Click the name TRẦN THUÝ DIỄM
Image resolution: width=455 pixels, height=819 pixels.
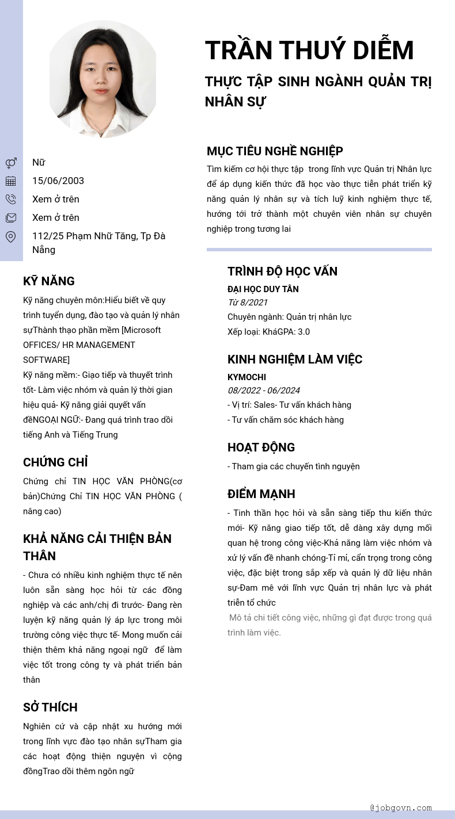click(x=309, y=50)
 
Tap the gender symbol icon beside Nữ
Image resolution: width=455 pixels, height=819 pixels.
click(x=11, y=163)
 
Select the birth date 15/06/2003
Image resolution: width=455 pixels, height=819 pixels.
click(x=58, y=181)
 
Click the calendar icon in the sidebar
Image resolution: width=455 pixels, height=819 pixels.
click(x=11, y=181)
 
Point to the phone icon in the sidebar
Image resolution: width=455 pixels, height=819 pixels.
click(x=11, y=200)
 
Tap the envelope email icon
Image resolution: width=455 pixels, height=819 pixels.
click(x=11, y=218)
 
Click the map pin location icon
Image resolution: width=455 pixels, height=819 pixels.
click(x=11, y=236)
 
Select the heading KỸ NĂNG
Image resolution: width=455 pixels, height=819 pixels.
click(x=49, y=281)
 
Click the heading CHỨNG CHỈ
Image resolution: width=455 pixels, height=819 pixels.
click(x=55, y=462)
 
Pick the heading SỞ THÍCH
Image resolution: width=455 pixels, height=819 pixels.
click(x=50, y=707)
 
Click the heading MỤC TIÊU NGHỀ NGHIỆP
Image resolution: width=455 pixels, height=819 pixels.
click(x=275, y=151)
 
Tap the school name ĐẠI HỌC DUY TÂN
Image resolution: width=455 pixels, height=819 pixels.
click(x=263, y=289)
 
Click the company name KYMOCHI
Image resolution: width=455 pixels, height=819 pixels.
click(x=247, y=377)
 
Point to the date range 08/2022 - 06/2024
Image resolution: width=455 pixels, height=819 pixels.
click(x=263, y=391)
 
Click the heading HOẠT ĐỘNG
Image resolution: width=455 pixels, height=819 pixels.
click(x=261, y=447)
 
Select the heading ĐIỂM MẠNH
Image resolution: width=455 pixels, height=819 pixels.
click(x=261, y=494)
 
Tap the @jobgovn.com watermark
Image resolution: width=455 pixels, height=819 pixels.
click(x=401, y=807)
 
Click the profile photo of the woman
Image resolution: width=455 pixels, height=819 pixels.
click(x=103, y=79)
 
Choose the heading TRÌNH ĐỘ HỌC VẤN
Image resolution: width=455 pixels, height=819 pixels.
click(x=282, y=271)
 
